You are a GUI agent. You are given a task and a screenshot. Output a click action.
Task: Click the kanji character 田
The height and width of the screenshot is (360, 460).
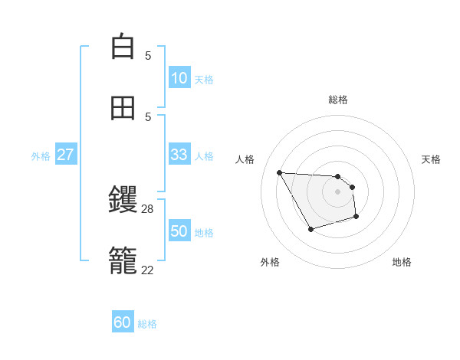pos(123,108)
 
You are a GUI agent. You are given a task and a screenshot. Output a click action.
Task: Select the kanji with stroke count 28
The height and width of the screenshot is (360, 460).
pos(123,201)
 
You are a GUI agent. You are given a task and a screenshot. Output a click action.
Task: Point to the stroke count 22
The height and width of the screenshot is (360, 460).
pos(148,270)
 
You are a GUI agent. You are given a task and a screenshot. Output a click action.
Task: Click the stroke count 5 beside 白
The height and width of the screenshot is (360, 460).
pos(148,55)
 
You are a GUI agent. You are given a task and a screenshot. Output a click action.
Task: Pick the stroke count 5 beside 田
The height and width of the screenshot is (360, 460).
pos(148,116)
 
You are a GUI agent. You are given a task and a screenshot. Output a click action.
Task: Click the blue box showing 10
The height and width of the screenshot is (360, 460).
pos(179,78)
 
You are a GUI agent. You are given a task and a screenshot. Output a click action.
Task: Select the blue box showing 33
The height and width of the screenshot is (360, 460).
pos(179,155)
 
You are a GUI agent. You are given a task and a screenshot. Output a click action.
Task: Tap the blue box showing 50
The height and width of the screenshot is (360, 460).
pos(179,231)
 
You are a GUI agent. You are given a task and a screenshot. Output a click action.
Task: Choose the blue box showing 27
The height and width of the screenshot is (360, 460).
pos(65,155)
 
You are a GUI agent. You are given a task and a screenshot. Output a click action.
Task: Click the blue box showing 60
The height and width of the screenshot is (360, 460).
pos(123,322)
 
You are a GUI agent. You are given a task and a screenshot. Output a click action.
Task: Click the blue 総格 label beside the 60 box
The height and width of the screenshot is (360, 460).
pos(147,324)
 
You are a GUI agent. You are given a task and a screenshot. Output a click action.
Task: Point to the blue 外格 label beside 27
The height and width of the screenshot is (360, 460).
pos(41,156)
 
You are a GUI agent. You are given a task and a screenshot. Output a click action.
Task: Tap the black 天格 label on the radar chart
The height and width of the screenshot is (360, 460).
pos(431,159)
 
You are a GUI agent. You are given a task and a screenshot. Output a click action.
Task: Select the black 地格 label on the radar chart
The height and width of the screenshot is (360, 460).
pos(402,262)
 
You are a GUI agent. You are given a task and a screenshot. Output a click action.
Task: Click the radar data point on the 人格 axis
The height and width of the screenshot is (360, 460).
pos(279,172)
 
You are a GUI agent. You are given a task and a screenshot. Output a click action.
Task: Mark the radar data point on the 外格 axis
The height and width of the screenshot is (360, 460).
pos(310,229)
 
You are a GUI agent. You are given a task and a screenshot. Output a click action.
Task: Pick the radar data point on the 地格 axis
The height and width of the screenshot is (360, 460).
pos(356,218)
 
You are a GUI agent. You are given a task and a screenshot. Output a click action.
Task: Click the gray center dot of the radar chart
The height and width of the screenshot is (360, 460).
pos(337,191)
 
